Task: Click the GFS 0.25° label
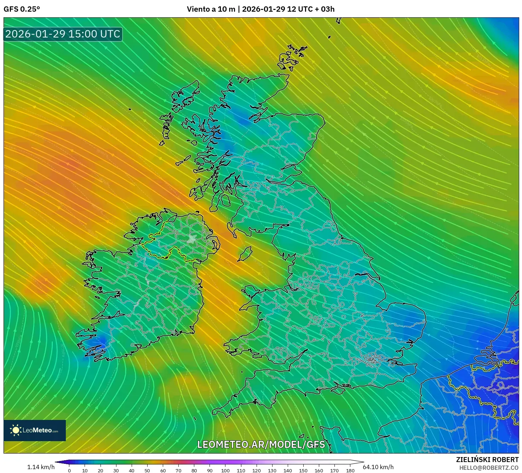[22, 9]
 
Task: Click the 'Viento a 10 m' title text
[211, 9]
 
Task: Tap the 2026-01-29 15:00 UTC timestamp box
[63, 34]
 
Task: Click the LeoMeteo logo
[35, 430]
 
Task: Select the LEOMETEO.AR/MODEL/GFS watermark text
[261, 444]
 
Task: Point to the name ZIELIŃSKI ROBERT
[487, 460]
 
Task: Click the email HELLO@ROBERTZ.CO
[489, 468]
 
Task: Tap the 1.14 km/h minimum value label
[41, 467]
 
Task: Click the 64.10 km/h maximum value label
[378, 467]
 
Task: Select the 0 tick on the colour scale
[69, 471]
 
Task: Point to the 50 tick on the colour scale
[147, 471]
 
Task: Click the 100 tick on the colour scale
[225, 471]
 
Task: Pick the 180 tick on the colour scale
[350, 471]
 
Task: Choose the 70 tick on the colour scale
[178, 471]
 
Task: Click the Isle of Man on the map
[245, 254]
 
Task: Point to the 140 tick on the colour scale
[288, 471]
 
